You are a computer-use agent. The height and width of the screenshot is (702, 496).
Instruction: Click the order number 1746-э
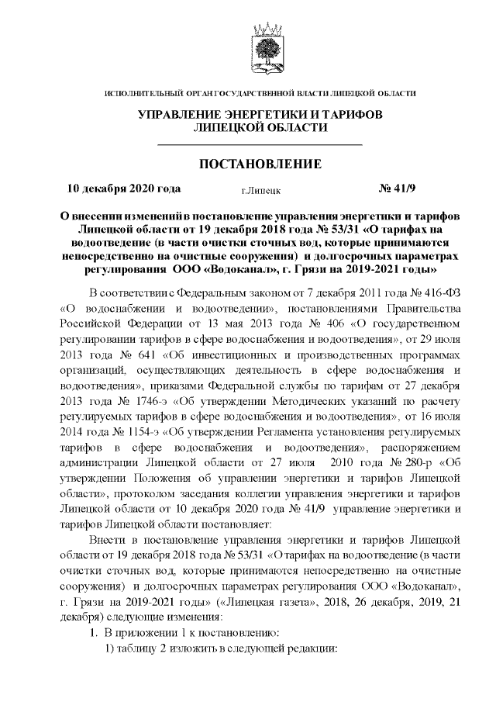coord(140,404)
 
